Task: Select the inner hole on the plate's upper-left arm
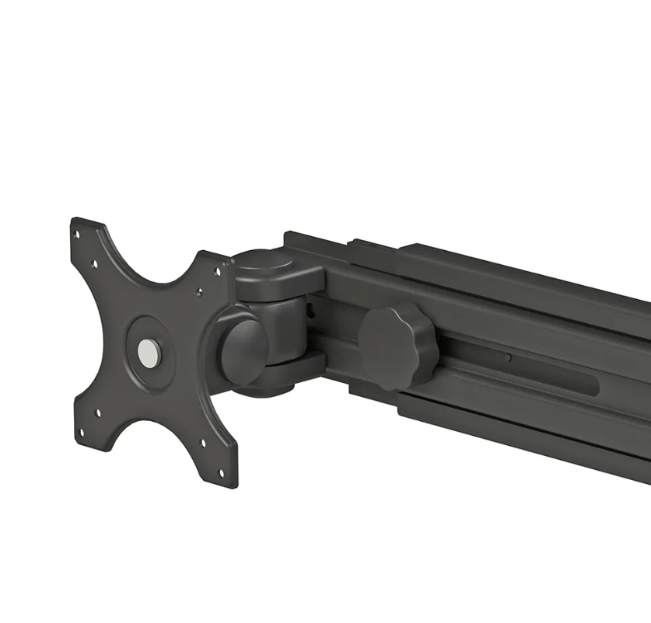tap(95, 263)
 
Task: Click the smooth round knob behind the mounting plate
tap(243, 348)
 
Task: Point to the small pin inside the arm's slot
tap(507, 358)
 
